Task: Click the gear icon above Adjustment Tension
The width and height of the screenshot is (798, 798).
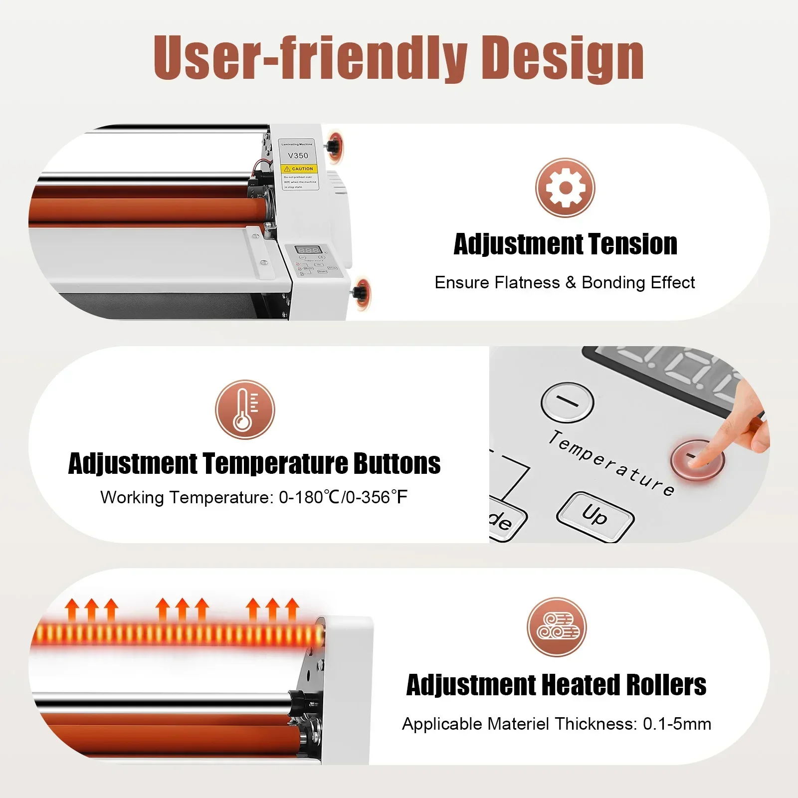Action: tap(565, 188)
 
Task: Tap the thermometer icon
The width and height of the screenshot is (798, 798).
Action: tap(245, 409)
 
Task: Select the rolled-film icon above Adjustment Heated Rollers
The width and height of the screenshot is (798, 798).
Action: tap(557, 627)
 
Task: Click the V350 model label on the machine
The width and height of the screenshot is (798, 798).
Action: tap(298, 156)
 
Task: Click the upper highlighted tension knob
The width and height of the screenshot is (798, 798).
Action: tap(333, 146)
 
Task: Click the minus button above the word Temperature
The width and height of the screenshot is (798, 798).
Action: tap(567, 401)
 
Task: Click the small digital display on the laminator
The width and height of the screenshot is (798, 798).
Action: tap(307, 250)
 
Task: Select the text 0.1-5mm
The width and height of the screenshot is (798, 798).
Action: tap(677, 724)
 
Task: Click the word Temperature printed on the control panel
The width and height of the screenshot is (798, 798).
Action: tap(611, 463)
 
